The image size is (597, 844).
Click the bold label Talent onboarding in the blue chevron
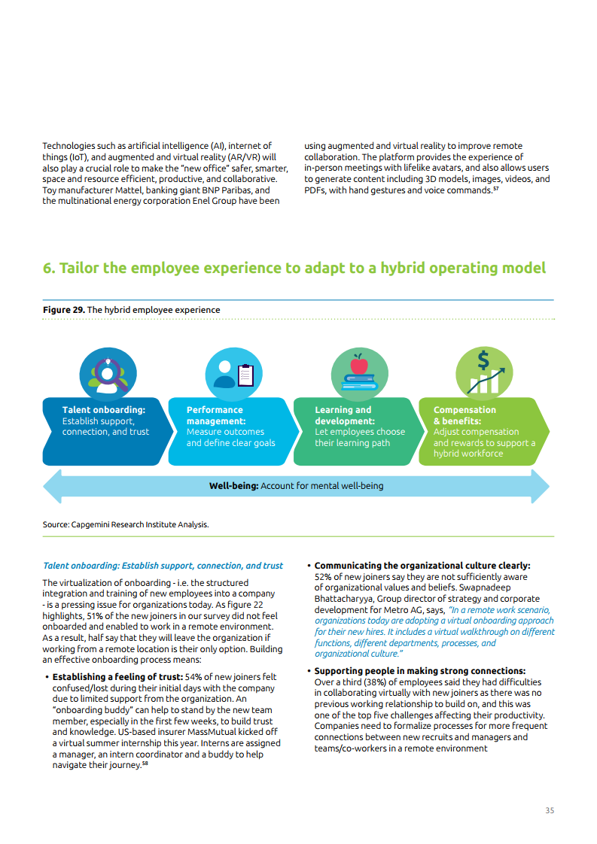click(103, 410)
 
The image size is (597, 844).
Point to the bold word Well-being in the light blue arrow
click(233, 486)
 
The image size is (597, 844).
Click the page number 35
click(550, 810)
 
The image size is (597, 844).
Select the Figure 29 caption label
click(63, 310)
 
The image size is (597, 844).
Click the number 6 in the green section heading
click(48, 269)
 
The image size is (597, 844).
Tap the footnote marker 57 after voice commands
click(496, 188)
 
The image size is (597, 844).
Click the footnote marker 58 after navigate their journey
click(145, 763)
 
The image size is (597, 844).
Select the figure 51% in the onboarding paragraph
click(169, 616)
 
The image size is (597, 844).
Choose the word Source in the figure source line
click(56, 524)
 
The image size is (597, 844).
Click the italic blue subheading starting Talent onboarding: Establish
click(163, 566)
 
